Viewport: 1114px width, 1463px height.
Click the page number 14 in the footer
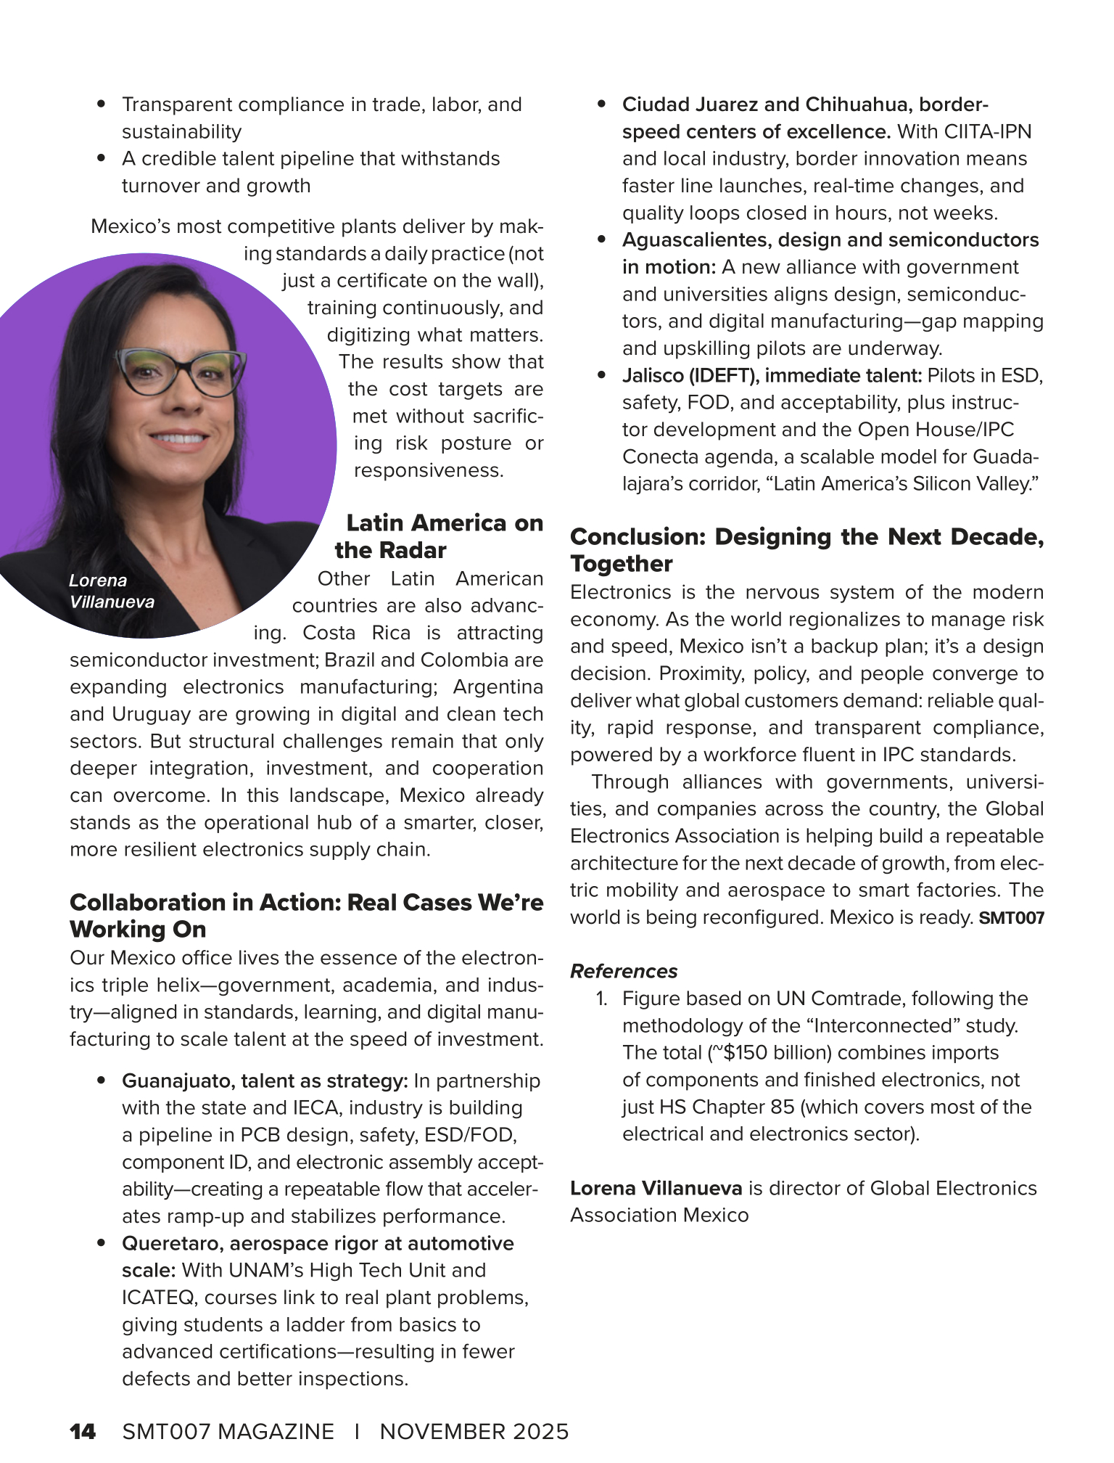click(83, 1431)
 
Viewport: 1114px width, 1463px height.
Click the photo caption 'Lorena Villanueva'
click(112, 591)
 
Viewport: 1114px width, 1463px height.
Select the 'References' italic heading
click(624, 971)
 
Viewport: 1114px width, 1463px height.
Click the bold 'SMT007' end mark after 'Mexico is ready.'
click(1012, 918)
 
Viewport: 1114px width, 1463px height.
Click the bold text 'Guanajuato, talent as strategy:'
click(265, 1081)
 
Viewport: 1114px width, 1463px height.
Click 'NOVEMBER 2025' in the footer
click(474, 1431)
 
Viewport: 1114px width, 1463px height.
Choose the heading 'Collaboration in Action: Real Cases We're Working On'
click(306, 916)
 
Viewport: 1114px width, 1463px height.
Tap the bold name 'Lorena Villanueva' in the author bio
click(656, 1188)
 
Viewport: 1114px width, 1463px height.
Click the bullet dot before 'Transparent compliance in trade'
click(102, 104)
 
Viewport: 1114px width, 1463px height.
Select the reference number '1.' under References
click(601, 999)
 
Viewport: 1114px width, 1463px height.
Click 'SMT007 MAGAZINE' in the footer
click(228, 1431)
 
